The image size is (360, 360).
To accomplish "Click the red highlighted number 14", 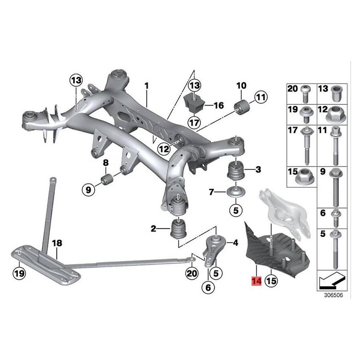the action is (x=256, y=281).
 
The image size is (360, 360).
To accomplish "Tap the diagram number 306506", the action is (x=333, y=295).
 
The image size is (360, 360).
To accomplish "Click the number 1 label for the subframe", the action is (x=146, y=86).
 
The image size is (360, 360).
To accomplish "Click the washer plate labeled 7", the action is (x=236, y=191).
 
